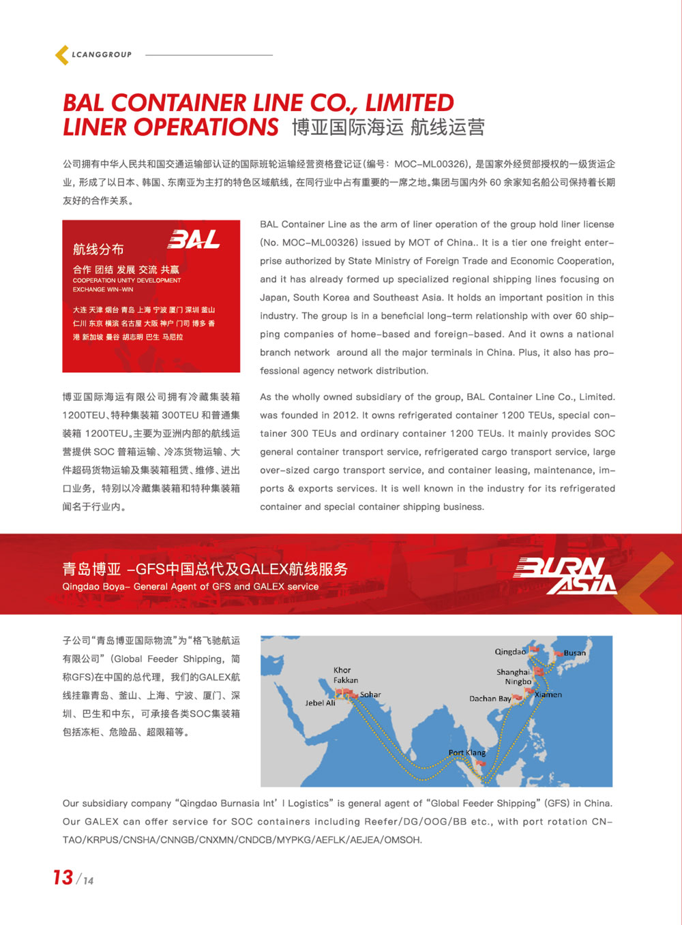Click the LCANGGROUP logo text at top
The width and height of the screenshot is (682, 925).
coord(102,55)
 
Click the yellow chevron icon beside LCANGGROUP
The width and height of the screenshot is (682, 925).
coord(62,55)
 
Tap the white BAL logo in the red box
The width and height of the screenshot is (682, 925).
coord(194,239)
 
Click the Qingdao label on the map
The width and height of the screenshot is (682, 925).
coord(510,652)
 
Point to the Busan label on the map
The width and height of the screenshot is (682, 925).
coord(574,653)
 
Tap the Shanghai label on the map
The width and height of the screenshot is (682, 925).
coord(513,672)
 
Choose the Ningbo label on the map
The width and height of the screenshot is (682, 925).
coord(518,682)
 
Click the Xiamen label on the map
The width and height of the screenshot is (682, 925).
coord(548,695)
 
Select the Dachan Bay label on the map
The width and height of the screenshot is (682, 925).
coord(490,699)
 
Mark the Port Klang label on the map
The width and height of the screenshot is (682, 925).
coord(467,753)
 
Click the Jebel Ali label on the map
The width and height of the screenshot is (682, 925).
coord(320,703)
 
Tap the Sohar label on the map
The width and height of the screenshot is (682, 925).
coord(370,695)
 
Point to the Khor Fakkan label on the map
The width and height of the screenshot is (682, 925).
coord(345,675)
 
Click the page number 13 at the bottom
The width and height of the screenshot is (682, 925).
coord(63,877)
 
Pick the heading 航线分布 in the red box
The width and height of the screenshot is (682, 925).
coord(98,249)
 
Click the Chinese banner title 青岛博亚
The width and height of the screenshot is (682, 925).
coord(91,569)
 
